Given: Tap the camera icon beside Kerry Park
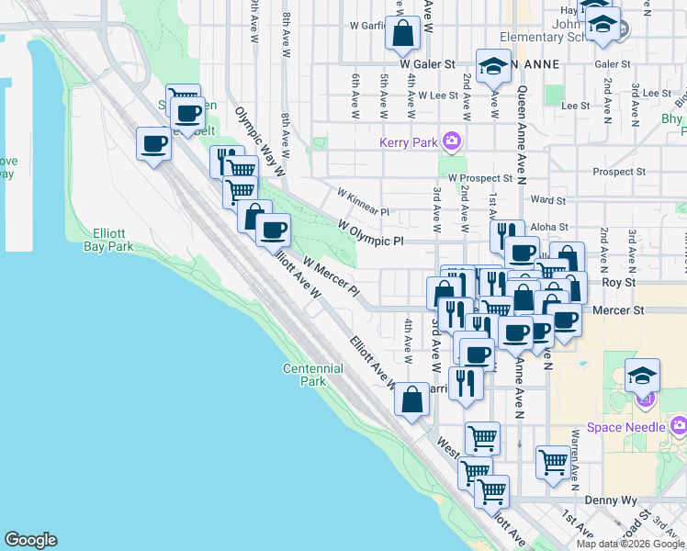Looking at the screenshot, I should coord(452,142).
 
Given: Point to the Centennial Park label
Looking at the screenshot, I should coord(312,375).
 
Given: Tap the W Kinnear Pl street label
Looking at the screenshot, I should coord(363,203).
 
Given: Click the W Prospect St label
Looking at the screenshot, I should coord(479,177).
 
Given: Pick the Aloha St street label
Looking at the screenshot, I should coord(551,226).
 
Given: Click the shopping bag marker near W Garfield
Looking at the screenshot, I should coord(403,34).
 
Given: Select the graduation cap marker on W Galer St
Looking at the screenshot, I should coord(494,65).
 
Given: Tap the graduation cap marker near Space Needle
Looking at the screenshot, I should coord(643,375).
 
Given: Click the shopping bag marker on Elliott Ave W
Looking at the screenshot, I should coord(412,399).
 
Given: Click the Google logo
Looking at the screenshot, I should coord(31,540).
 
